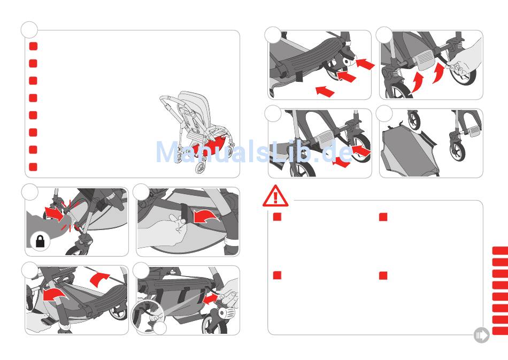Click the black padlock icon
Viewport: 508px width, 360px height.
pos(40,242)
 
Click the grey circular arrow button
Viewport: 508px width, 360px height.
pos(481,335)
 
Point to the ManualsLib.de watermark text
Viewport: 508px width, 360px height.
pos(254,151)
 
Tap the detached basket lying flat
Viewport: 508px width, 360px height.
pos(410,152)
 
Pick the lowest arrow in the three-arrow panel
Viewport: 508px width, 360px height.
pos(325,91)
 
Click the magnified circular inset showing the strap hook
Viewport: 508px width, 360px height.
pos(148,316)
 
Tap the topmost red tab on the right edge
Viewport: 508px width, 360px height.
pos(500,251)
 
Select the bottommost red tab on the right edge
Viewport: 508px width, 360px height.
pos(500,331)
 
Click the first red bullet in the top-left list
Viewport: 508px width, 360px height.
pos(33,46)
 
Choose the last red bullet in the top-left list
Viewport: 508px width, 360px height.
pos(33,167)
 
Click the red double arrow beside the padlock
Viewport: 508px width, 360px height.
pos(54,213)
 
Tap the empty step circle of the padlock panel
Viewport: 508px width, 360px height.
pos(30,192)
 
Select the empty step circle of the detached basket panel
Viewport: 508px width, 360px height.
pos(384,113)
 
